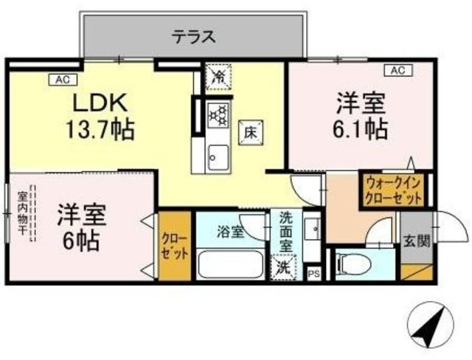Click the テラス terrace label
click(194, 35)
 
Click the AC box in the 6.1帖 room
click(397, 71)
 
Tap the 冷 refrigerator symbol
click(220, 75)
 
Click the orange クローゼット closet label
click(175, 245)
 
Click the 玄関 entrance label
click(414, 239)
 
